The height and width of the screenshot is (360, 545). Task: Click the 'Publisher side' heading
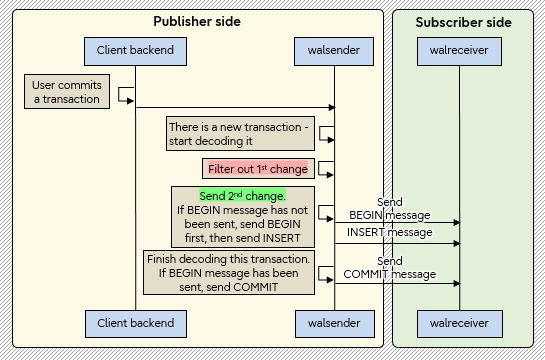[x=197, y=22]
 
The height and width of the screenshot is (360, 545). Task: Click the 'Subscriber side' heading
[x=463, y=22]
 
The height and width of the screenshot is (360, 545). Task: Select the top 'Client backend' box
[x=135, y=50]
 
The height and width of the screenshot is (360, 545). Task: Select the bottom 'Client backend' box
[x=135, y=323]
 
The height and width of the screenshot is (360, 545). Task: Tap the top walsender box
[x=333, y=50]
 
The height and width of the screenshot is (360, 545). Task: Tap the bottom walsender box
[x=333, y=323]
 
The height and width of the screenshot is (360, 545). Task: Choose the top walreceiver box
[x=459, y=50]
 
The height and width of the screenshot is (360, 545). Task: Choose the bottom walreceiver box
[x=459, y=323]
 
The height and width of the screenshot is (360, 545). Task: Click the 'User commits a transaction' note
[x=66, y=92]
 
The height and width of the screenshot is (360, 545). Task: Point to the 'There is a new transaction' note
[x=240, y=134]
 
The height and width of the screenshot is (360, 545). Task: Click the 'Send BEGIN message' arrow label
[x=389, y=209]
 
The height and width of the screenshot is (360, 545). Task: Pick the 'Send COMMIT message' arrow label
[x=389, y=267]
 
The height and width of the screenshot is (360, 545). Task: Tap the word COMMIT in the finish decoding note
[x=255, y=287]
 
